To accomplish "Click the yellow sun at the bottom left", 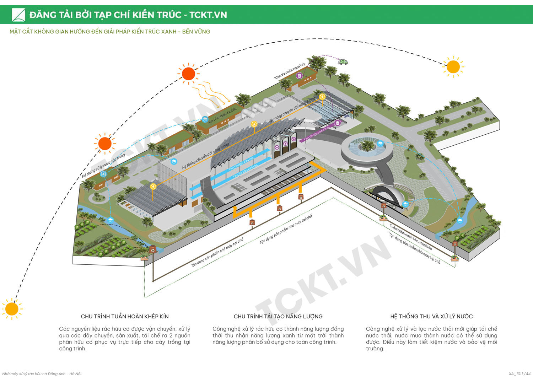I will point(12,309).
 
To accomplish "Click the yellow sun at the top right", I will point(453,67).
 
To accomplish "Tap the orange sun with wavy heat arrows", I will point(188,74).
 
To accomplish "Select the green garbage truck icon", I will point(343,62).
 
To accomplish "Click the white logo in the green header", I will point(18,15).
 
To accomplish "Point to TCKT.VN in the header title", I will point(208,15).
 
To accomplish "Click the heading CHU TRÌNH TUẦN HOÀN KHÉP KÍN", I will point(125,316).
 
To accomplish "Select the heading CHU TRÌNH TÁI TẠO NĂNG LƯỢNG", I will point(278,316).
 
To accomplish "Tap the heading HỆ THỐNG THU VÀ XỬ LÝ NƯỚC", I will point(431,316).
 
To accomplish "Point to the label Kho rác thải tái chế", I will point(222,116).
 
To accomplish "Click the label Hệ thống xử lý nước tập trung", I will point(103,166).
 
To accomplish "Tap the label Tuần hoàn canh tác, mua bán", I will point(410,237).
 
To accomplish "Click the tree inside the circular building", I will point(367,145).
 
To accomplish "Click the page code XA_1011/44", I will point(519,373).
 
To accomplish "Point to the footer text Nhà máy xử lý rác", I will point(42,373).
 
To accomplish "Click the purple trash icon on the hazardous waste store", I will point(300,76).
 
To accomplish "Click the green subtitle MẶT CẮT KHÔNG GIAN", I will point(110,32).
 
